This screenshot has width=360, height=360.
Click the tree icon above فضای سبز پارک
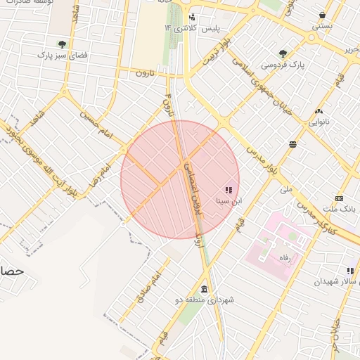(x=62, y=44)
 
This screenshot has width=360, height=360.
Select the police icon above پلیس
(x=191, y=18)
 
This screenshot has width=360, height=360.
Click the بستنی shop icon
(x=323, y=14)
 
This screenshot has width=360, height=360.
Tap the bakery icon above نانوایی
(x=319, y=111)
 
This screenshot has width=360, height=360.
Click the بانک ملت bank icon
(x=340, y=199)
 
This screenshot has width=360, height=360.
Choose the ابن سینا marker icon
(x=228, y=190)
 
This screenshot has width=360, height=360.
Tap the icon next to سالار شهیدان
(x=350, y=271)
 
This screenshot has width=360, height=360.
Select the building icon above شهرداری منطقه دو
(x=204, y=289)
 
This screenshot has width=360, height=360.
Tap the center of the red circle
(x=180, y=179)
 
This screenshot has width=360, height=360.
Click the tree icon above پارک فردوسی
(x=283, y=53)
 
